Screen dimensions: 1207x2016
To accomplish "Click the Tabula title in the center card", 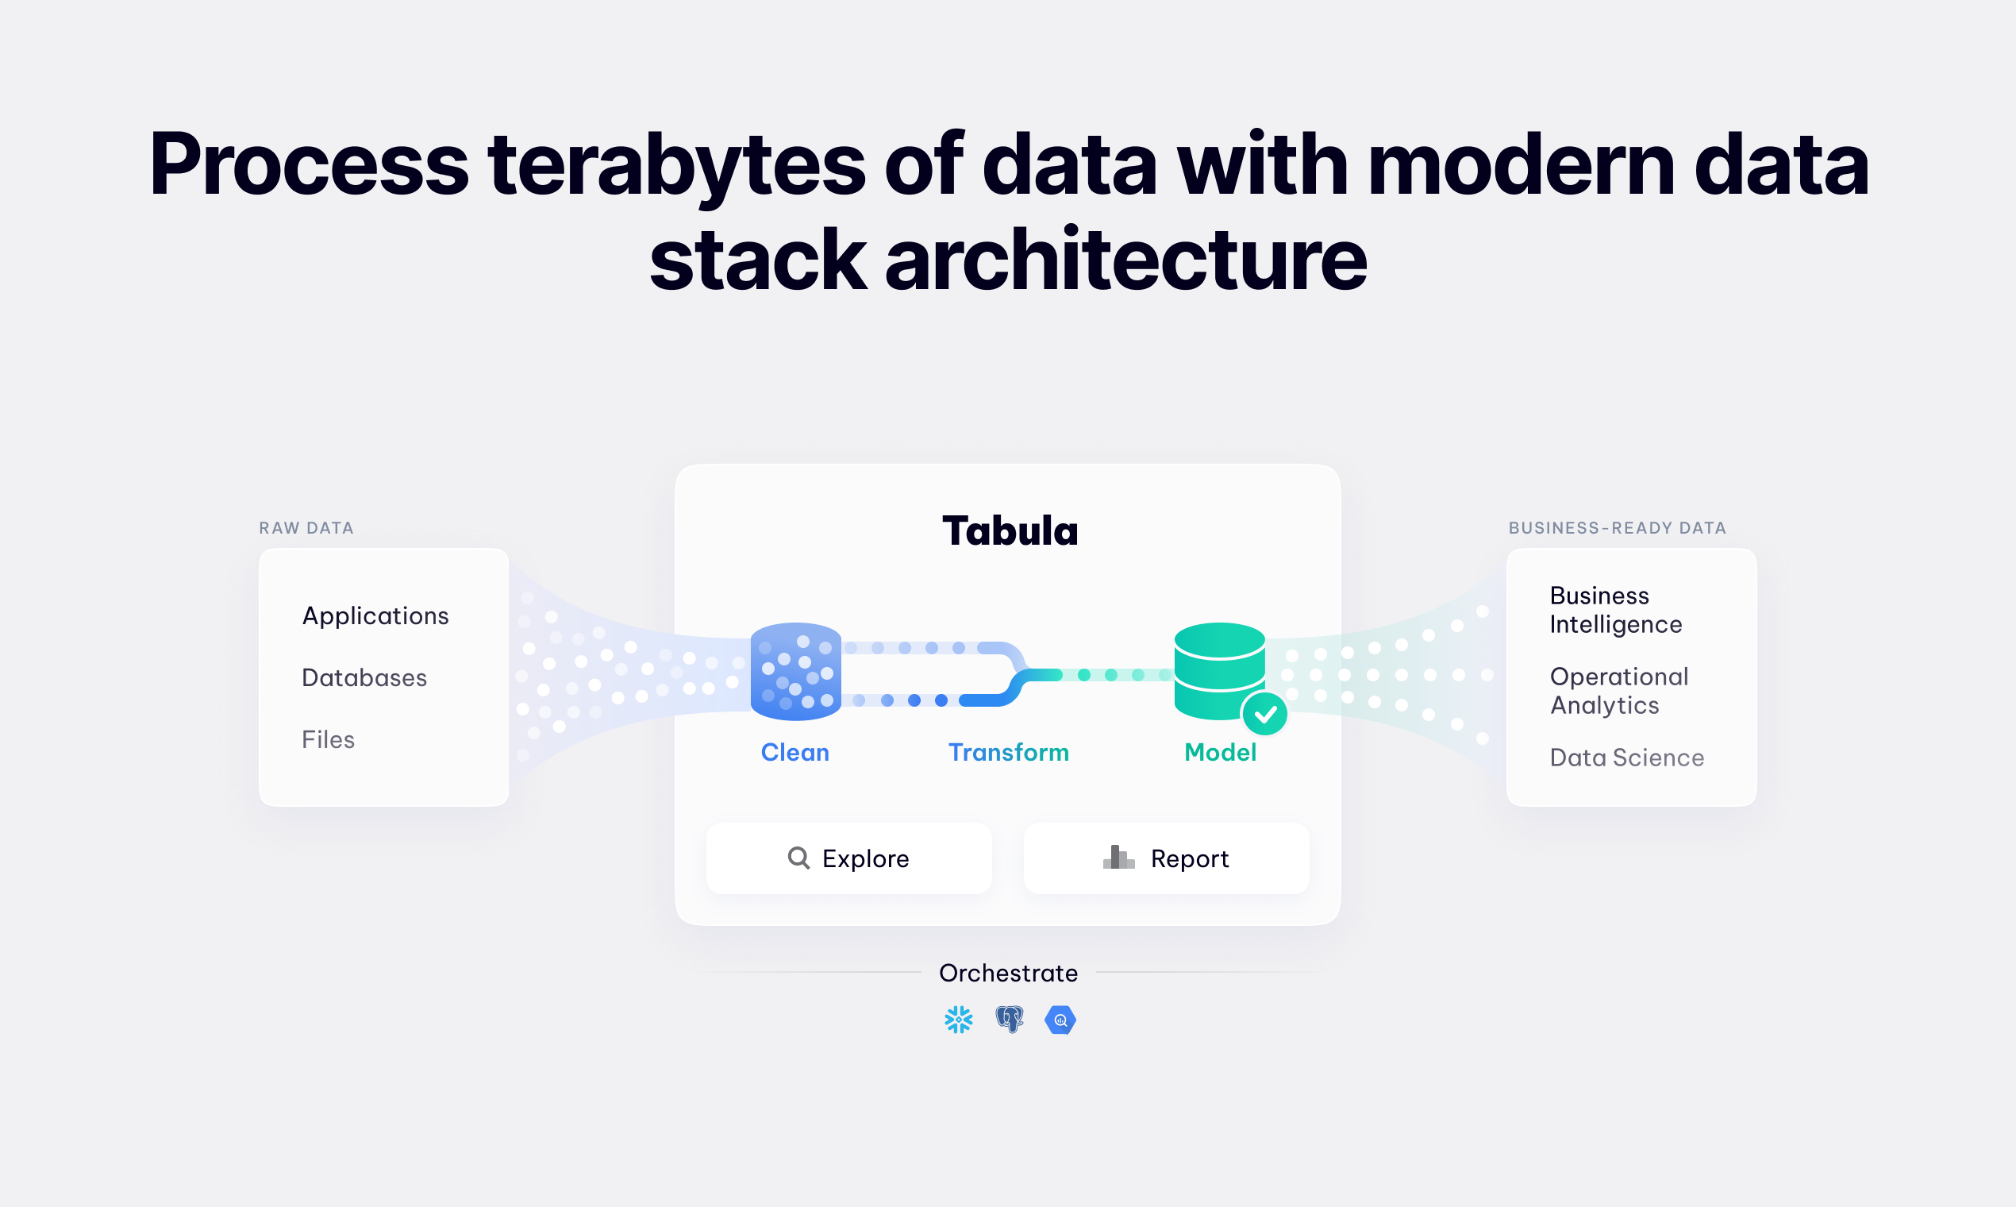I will coord(1010,531).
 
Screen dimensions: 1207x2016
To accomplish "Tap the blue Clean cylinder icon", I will coord(795,672).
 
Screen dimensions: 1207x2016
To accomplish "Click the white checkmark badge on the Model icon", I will coord(1265,715).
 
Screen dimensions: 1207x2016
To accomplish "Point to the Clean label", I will coord(794,752).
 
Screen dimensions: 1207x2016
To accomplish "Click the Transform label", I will coord(1008,752).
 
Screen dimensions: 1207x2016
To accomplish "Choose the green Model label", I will coord(1220,752).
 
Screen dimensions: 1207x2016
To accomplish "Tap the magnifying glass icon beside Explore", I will coord(798,858).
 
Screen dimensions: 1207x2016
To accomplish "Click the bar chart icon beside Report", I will coord(1118,858).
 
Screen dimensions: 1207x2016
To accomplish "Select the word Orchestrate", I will coord(1008,973).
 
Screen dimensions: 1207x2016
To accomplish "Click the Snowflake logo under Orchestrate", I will coord(959,1019).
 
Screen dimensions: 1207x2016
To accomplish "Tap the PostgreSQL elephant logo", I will coord(1010,1019).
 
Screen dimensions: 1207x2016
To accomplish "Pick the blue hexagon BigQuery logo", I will coord(1060,1020).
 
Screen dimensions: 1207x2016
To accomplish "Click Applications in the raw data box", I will coord(375,615).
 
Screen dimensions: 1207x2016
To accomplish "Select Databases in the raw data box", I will coord(364,677).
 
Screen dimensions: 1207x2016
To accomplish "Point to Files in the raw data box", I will coord(329,739).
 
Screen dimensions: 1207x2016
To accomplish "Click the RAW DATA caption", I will coord(306,528).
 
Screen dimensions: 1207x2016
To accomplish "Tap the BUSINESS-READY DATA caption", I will coord(1617,528).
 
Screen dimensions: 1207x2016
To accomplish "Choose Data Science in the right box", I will coord(1626,758).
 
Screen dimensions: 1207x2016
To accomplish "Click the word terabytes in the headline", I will coord(676,165).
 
